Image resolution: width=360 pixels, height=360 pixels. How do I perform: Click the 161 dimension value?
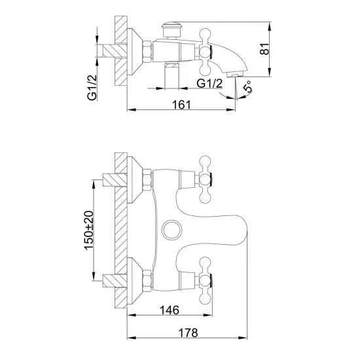click(x=181, y=105)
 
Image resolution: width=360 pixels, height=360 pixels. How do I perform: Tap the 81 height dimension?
click(x=264, y=49)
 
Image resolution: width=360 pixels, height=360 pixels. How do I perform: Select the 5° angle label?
click(x=247, y=86)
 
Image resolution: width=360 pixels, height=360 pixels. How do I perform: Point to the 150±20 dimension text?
click(x=89, y=230)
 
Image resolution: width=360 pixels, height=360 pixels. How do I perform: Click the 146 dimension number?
click(x=170, y=310)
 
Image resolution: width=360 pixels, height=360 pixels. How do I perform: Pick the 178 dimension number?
click(x=188, y=333)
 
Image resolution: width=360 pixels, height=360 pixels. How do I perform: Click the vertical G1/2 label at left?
click(x=92, y=88)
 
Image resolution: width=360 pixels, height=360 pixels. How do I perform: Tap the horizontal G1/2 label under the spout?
click(x=209, y=83)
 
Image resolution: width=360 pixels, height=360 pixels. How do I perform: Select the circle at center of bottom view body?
click(x=172, y=230)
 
